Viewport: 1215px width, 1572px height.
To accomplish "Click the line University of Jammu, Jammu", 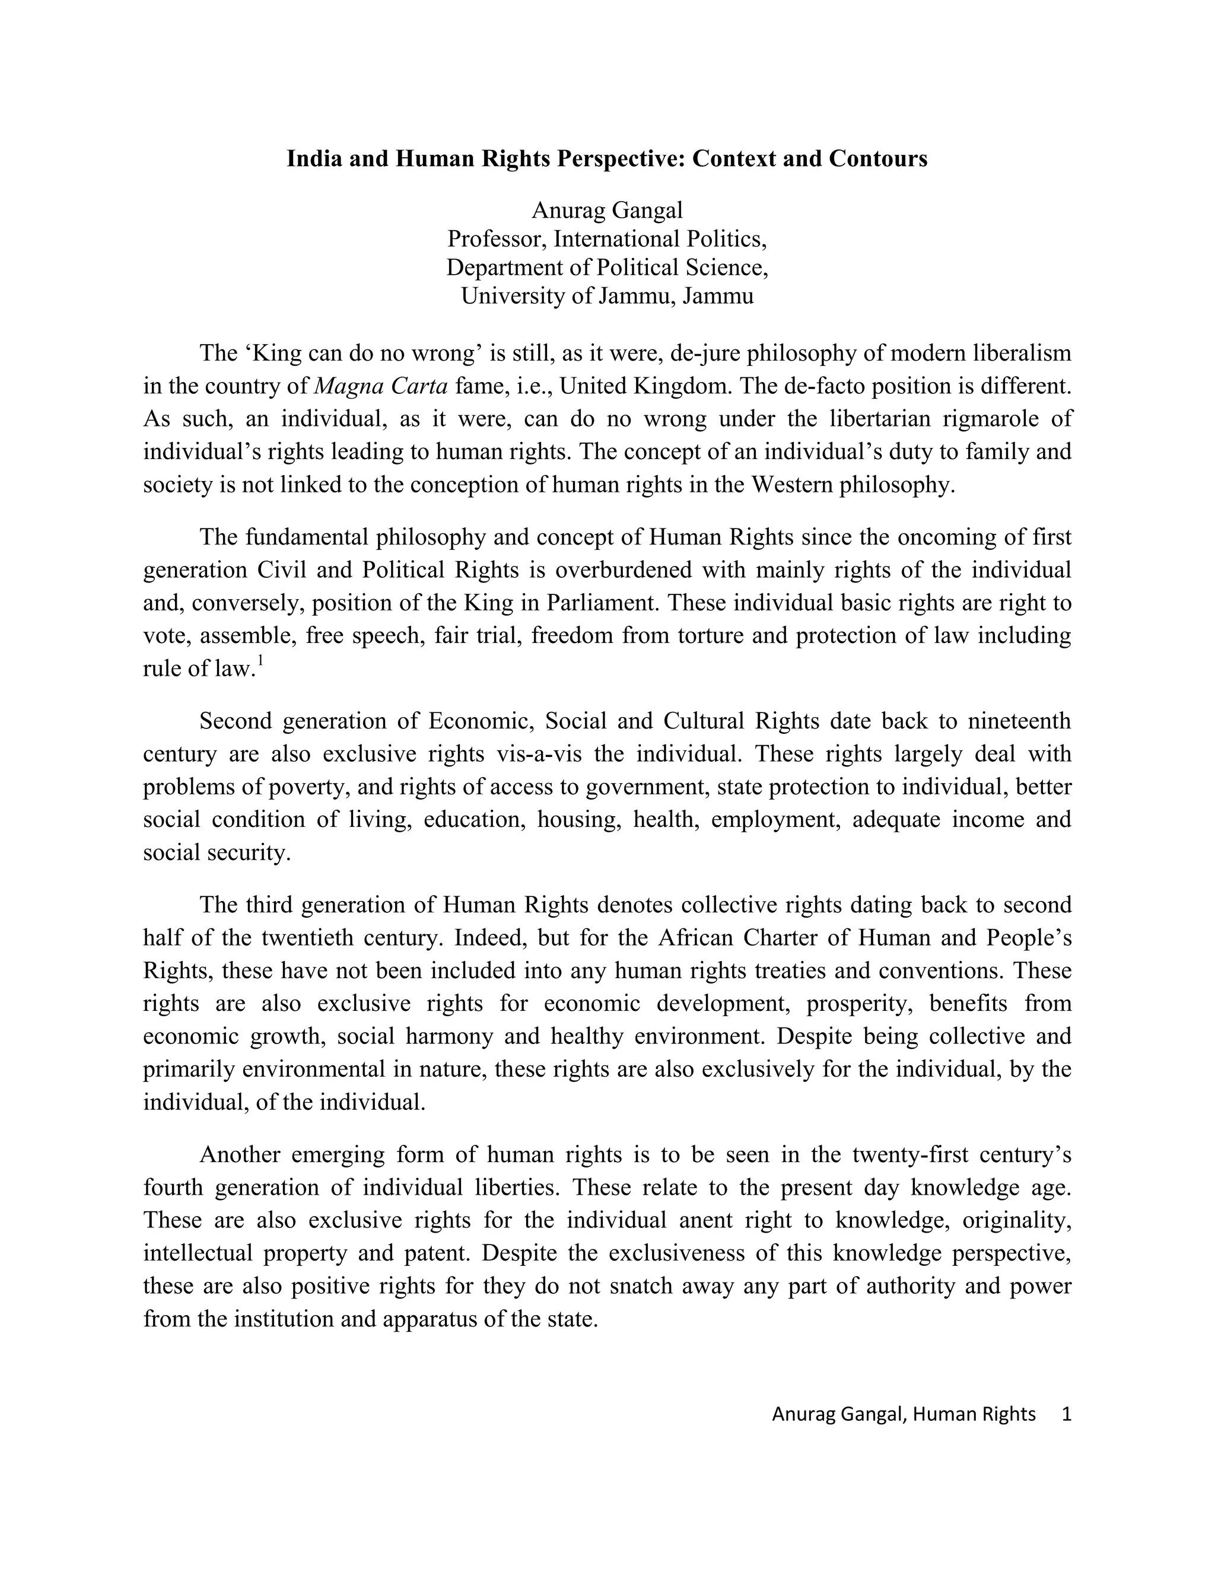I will point(607,297).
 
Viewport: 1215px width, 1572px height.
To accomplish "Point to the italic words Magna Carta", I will point(381,387).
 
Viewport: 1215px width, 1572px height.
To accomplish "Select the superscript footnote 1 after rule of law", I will point(260,661).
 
